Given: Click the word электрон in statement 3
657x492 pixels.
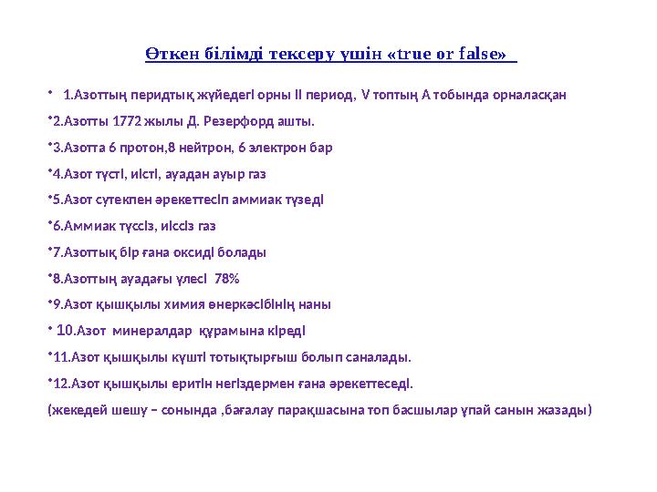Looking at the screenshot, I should coord(268,147).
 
